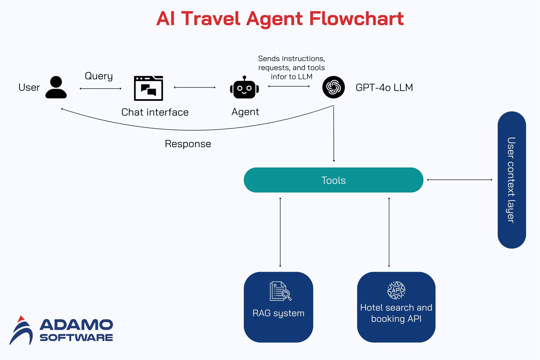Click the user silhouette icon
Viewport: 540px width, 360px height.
56,87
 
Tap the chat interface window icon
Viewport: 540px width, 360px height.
148,88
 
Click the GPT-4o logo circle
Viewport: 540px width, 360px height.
333,87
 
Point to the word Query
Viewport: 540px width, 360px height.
99,76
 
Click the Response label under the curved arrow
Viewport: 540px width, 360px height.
188,144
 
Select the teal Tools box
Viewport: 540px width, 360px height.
333,180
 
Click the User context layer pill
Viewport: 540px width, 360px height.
512,180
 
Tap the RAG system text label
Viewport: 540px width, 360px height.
278,313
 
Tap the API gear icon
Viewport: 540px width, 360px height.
396,290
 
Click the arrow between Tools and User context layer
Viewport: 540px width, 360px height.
460,180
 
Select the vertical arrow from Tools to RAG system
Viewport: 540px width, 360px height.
280,232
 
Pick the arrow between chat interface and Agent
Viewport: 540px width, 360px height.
195,87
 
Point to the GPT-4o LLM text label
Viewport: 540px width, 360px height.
384,88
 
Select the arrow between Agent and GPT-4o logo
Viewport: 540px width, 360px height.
289,86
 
